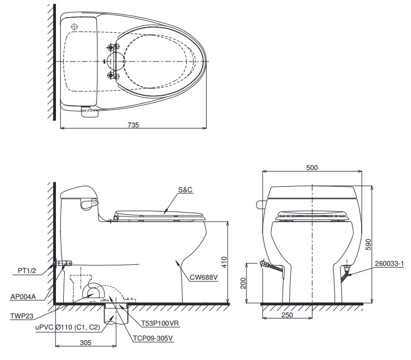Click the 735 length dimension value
[133, 125]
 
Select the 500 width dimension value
[312, 167]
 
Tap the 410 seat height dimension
[223, 262]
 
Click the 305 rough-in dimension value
[85, 343]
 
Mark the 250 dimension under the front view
[287, 315]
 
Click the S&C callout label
[186, 189]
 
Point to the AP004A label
[23, 296]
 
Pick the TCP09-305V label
[153, 338]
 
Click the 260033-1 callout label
[391, 263]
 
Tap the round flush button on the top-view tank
[75, 27]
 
